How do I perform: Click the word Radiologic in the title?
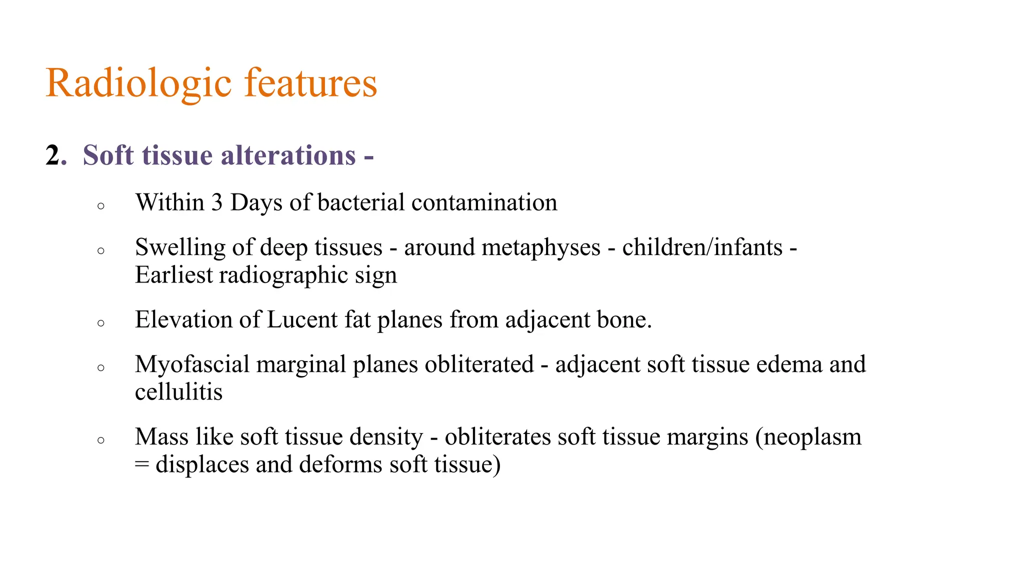point(138,83)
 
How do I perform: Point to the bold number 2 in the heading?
point(53,155)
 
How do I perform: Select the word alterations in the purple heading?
point(288,155)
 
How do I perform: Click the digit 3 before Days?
point(216,202)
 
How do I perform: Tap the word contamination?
point(484,202)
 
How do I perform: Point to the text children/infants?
point(702,247)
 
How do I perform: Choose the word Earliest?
point(173,275)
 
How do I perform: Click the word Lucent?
point(302,319)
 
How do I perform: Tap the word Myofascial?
point(192,364)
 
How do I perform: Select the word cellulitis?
point(178,391)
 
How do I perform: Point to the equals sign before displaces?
point(142,464)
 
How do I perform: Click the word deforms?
point(340,464)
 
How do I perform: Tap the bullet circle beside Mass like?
point(101,440)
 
